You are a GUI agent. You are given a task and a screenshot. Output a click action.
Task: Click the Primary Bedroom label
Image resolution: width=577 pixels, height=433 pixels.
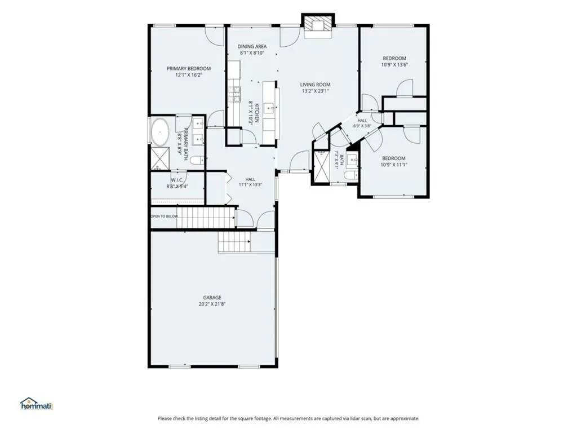coord(188,68)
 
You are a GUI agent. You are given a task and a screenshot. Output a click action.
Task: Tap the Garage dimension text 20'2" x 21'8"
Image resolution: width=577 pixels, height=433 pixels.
coord(212,304)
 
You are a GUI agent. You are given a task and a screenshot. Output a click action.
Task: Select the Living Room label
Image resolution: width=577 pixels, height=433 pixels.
coord(315,85)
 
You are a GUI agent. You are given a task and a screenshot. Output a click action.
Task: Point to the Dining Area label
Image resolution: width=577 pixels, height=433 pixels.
coord(252,46)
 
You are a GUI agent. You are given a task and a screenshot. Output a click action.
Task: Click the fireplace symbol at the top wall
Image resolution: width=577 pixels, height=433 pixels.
coord(318,26)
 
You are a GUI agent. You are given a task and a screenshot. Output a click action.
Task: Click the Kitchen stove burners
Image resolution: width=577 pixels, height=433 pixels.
coord(234,94)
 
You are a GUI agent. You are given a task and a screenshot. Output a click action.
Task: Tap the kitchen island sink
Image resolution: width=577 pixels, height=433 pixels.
coord(270,108)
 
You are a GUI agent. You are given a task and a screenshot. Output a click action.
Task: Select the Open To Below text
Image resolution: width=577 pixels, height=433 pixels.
coord(164,216)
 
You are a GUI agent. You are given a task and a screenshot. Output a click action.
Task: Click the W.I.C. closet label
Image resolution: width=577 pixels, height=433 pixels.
coord(177,180)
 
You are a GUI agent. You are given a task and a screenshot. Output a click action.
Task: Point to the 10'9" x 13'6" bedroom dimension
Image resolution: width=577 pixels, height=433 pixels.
coord(394,65)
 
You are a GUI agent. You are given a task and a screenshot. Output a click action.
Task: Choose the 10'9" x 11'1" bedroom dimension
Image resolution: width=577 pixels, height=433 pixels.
coord(394,165)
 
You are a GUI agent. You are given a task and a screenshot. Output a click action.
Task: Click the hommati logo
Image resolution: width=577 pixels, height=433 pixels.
coord(37,404)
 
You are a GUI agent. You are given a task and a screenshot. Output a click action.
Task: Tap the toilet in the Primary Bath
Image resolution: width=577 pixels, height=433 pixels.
coord(197,161)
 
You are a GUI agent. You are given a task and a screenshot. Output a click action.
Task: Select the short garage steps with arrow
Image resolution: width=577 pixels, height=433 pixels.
coord(234,241)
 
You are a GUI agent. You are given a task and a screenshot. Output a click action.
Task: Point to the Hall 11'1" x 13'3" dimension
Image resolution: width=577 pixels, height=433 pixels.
coord(250,185)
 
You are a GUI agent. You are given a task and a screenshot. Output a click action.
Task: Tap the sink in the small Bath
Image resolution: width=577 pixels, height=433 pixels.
coord(352,160)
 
